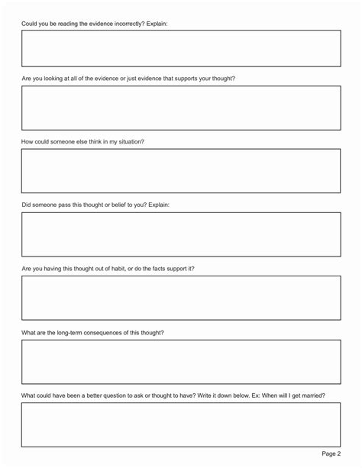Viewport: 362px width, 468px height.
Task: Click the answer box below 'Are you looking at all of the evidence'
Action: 181,108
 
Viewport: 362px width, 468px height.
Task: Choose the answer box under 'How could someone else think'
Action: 181,170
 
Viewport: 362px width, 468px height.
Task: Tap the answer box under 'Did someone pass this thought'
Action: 181,234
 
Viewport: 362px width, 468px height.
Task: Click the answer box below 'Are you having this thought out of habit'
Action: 181,297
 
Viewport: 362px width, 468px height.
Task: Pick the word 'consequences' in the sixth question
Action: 115,332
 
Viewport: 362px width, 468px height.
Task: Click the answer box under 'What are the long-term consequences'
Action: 181,361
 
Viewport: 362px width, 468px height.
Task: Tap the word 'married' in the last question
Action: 314,395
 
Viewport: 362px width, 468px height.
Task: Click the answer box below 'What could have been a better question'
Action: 181,424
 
